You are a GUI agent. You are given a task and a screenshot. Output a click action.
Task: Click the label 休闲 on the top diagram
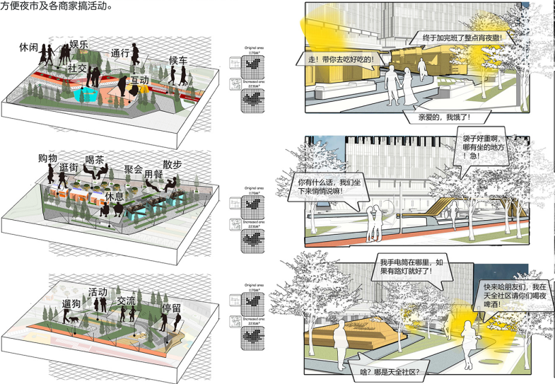click(x=29, y=47)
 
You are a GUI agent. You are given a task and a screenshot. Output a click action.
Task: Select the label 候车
click(x=178, y=61)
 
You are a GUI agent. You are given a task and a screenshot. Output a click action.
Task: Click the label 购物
click(x=48, y=157)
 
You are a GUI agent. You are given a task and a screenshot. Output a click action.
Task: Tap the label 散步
click(x=172, y=165)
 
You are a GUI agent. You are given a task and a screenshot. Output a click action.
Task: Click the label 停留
click(x=173, y=308)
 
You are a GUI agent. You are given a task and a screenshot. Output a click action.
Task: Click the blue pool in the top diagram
click(x=89, y=93)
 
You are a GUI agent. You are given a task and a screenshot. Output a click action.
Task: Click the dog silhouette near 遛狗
click(x=74, y=320)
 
